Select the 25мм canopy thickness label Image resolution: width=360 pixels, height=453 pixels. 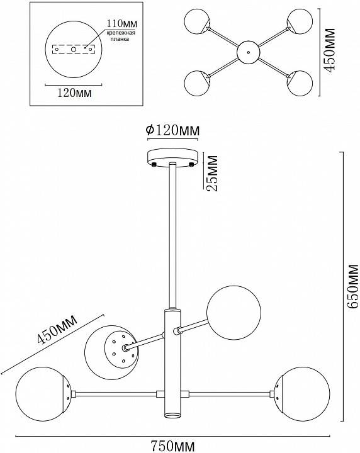click(213, 174)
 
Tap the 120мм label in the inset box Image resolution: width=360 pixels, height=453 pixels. click(74, 93)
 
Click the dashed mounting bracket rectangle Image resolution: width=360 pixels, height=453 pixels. click(74, 48)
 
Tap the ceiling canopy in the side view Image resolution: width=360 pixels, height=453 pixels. click(172, 156)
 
